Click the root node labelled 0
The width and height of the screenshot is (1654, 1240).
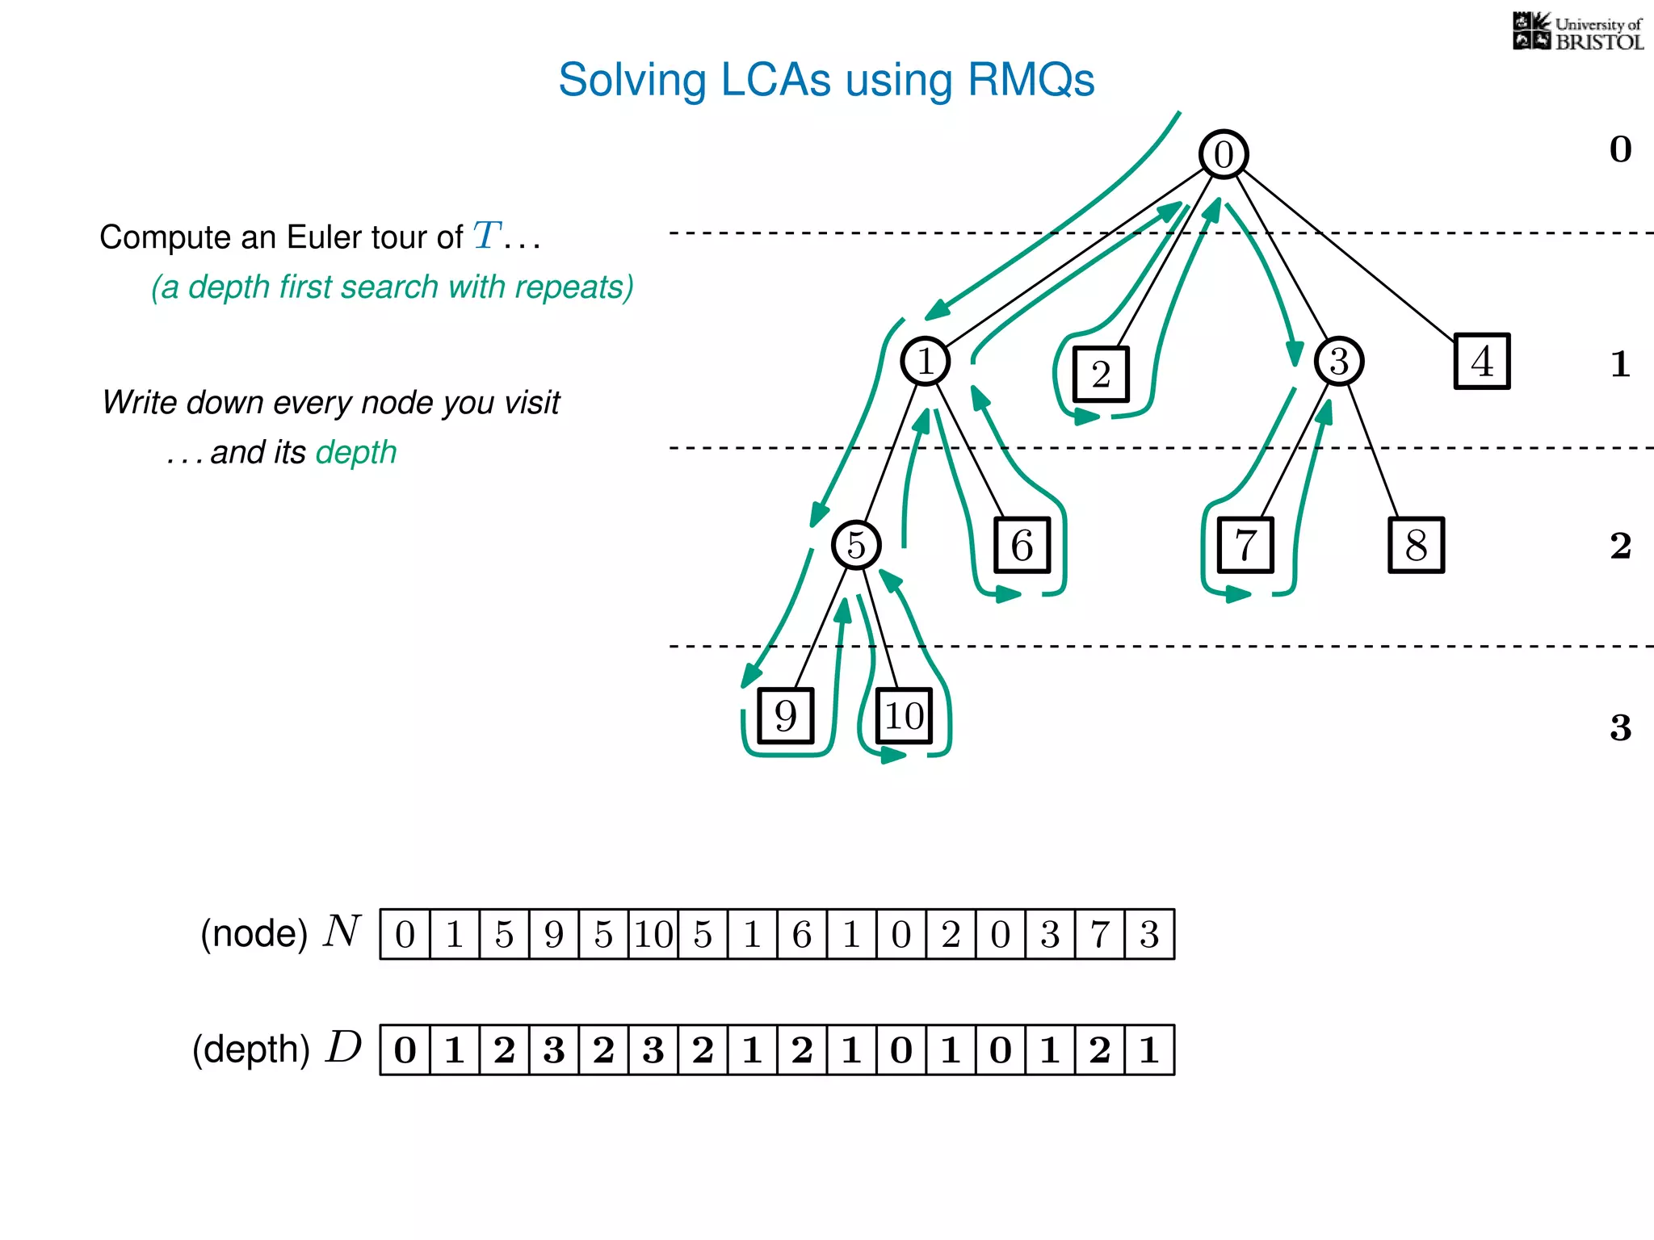coord(1224,154)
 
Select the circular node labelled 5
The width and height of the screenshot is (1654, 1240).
coord(856,545)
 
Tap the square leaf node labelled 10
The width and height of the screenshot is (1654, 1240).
coord(904,715)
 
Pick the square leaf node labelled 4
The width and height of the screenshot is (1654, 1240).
coord(1482,361)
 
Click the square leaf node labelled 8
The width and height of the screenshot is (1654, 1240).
coord(1416,545)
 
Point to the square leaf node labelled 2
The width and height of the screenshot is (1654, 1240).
coord(1101,374)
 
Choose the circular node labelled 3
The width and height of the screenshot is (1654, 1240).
coord(1338,361)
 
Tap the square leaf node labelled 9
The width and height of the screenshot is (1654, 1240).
coord(785,715)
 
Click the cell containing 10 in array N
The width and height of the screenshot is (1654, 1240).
coord(653,934)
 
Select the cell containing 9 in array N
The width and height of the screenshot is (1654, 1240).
coord(554,934)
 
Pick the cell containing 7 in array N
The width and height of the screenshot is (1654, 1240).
coord(1099,934)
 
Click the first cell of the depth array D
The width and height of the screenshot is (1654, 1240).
coord(405,1049)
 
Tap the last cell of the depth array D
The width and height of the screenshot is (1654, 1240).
coord(1149,1049)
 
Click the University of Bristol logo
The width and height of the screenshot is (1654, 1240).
coord(1577,32)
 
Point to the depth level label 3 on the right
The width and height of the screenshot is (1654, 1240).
coord(1620,727)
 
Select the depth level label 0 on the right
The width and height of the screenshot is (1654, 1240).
coord(1620,149)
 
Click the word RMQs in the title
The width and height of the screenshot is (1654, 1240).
coord(1031,80)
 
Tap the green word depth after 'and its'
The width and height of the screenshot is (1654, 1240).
coord(356,453)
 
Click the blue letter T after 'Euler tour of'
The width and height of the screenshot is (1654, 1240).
coord(487,236)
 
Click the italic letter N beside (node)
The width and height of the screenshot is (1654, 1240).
coord(342,931)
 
